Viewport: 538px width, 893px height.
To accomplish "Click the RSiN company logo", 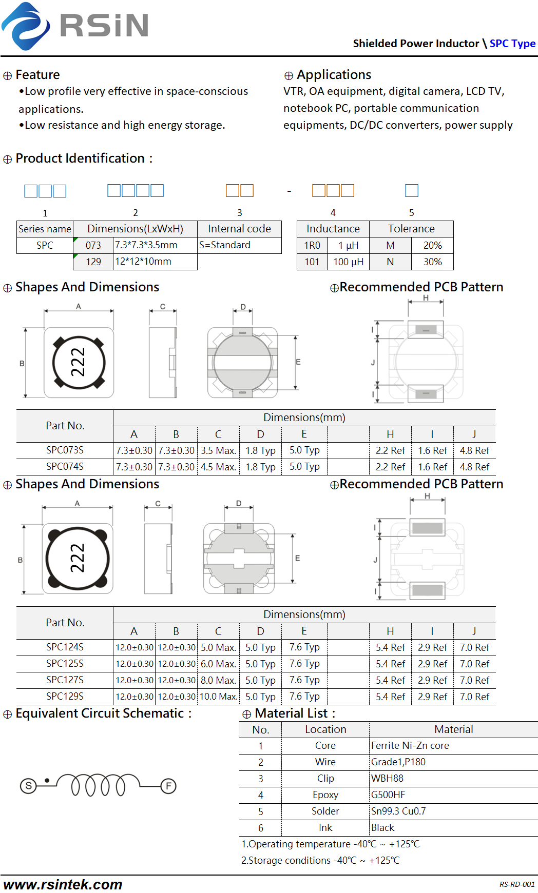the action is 75,26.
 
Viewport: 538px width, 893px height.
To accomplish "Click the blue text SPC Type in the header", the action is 512,44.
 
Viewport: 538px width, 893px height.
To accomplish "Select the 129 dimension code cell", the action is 93,262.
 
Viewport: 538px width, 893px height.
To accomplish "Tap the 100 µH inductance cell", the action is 349,262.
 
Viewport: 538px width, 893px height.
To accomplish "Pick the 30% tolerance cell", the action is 433,262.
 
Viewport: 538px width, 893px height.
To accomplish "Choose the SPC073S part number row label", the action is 65,450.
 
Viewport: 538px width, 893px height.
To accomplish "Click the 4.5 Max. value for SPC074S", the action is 218,467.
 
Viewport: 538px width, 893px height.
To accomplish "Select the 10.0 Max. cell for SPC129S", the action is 218,697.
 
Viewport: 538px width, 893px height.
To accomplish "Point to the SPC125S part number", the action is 65,664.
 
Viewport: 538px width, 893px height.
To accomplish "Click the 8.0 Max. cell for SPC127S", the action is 218,680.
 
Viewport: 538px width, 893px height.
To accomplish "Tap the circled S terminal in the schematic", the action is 28,786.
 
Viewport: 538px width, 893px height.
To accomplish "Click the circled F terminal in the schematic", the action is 168,786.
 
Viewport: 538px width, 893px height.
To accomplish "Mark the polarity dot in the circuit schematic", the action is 47,781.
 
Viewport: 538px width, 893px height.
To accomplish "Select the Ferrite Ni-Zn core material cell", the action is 410,746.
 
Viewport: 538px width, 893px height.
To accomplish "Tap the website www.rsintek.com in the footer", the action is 63,884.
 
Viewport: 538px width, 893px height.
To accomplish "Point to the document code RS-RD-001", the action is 517,884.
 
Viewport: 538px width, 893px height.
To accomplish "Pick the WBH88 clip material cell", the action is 387,779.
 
